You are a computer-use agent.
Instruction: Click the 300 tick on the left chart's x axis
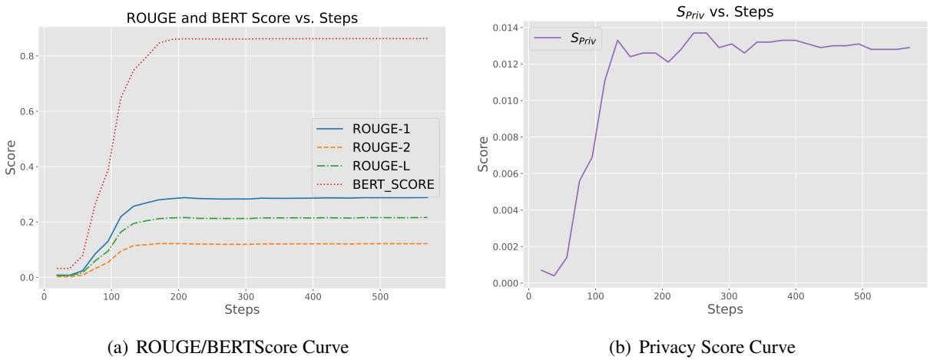point(245,295)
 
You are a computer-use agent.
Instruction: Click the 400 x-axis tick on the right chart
point(795,296)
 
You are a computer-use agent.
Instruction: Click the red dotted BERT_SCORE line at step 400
point(313,38)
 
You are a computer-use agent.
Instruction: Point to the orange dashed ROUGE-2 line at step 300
point(245,244)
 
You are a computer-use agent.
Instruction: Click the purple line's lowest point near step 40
point(554,276)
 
